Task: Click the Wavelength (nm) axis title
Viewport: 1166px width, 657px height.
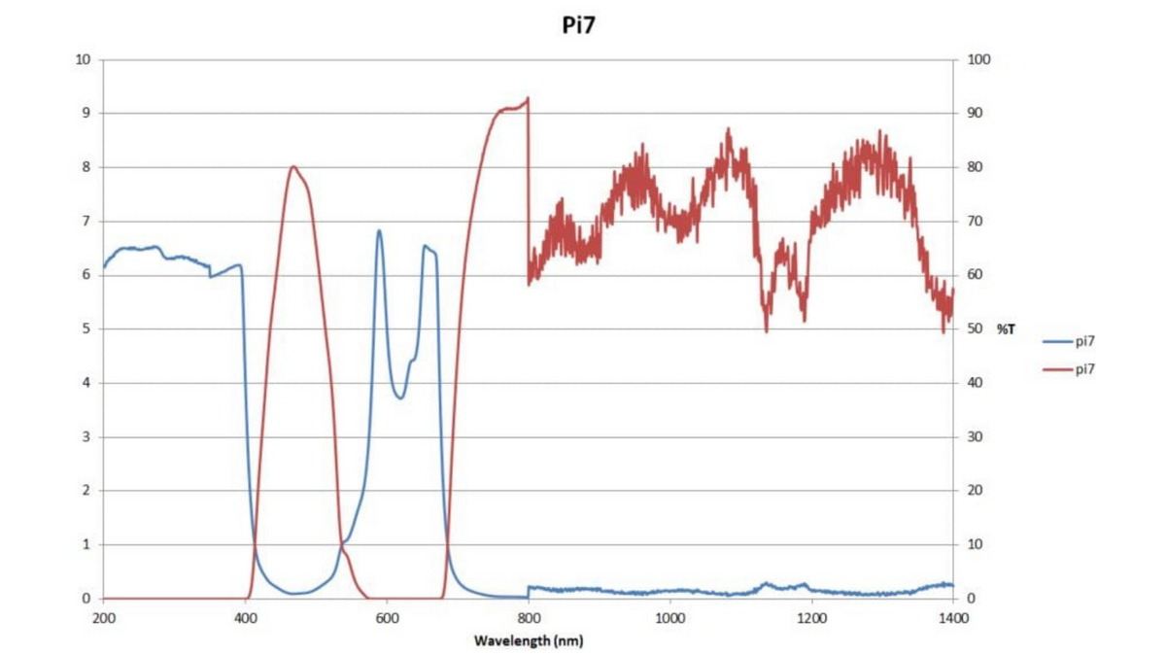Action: pos(528,640)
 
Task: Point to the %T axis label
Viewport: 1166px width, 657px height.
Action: pos(1006,329)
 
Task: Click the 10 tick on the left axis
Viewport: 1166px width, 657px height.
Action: pos(83,59)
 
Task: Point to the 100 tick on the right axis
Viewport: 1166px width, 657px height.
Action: pos(979,59)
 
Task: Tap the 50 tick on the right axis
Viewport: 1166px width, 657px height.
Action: pos(976,329)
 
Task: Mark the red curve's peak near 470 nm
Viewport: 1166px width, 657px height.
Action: pos(292,166)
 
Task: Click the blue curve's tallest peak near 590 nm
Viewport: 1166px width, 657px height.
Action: pos(379,230)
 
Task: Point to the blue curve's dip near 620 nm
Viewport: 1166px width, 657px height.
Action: pos(400,398)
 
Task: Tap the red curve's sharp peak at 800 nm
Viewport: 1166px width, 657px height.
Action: pos(528,98)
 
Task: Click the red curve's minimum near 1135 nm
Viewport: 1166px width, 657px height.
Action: pos(767,331)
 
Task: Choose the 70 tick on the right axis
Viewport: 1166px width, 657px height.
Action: pos(976,222)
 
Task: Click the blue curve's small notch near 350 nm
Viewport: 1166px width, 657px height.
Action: pos(210,277)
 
